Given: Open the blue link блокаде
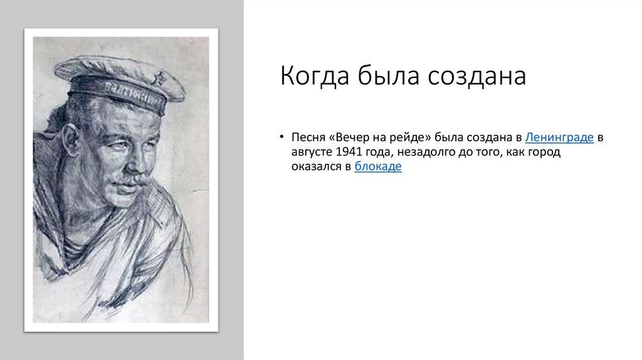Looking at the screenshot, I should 377,167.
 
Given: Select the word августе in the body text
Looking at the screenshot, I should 312,152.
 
